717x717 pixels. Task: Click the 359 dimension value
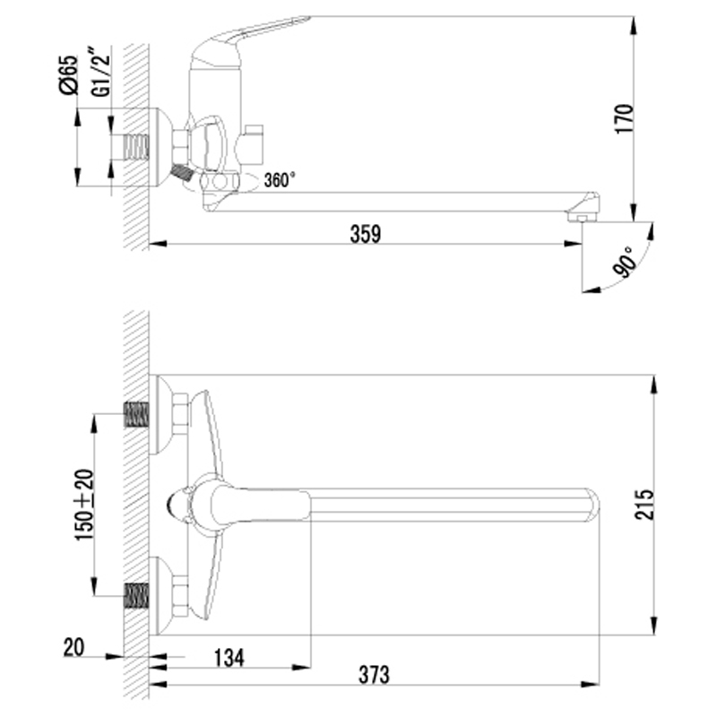[x=366, y=234]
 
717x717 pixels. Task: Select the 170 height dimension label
[x=625, y=119]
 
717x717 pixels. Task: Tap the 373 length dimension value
[x=374, y=675]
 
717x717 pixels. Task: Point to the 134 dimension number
[x=229, y=658]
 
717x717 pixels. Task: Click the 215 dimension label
[x=644, y=505]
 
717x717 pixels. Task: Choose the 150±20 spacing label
[x=84, y=505]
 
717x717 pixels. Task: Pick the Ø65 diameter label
[x=69, y=74]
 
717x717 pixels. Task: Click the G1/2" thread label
[x=101, y=71]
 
